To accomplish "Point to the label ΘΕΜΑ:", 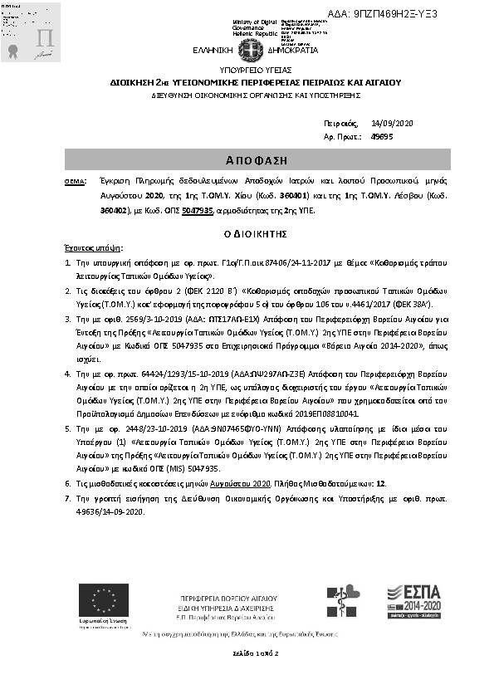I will pyautogui.click(x=74, y=179).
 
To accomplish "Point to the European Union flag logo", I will pyautogui.click(x=104, y=600).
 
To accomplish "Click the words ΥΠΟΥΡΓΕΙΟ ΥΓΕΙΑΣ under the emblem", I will pyautogui.click(x=246, y=72).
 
